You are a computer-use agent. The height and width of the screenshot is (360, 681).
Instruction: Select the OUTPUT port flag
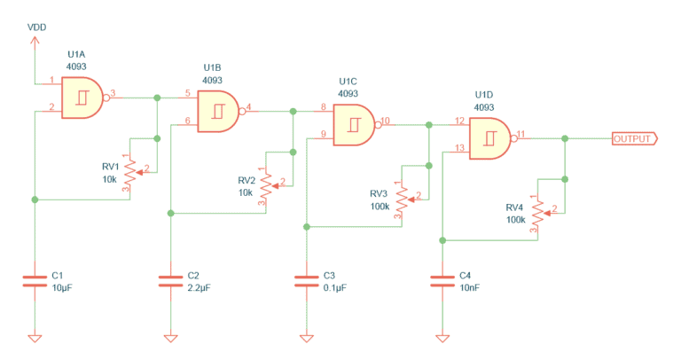(633, 139)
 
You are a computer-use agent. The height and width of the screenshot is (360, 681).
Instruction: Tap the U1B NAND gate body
(216, 111)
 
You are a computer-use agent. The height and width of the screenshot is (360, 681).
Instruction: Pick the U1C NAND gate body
(353, 123)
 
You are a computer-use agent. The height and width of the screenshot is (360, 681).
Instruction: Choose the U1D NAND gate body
(489, 138)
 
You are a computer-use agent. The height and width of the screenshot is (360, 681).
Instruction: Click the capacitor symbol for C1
(35, 281)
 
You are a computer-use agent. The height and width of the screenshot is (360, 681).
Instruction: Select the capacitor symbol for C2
(170, 281)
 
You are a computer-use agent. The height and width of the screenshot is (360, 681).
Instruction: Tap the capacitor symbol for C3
(306, 281)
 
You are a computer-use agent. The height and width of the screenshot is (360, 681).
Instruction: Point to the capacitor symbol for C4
(442, 281)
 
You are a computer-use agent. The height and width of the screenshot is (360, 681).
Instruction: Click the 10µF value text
(62, 287)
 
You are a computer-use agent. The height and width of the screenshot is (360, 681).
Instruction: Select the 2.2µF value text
(200, 287)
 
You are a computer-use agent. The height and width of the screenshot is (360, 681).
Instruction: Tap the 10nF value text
(470, 287)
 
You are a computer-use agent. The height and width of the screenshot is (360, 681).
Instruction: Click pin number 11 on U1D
(521, 134)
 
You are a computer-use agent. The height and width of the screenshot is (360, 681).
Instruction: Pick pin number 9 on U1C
(323, 134)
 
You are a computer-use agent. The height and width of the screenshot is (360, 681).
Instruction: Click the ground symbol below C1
(35, 338)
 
